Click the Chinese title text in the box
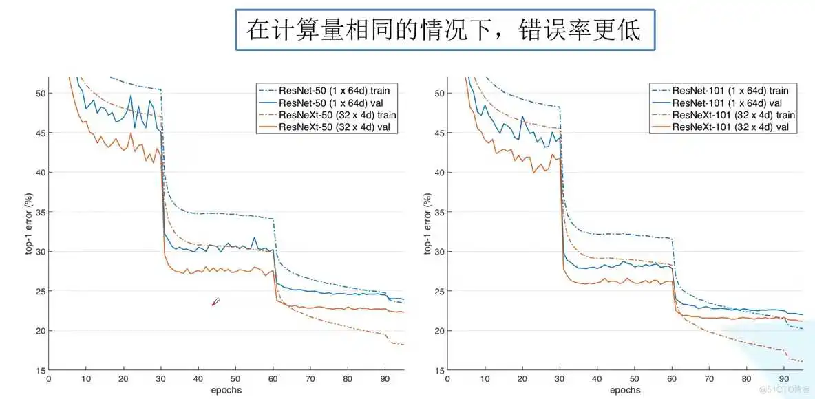click(x=444, y=30)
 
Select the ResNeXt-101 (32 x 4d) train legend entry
click(x=734, y=115)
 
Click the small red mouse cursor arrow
click(x=215, y=302)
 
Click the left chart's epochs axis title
click(x=226, y=391)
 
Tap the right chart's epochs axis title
click(x=625, y=391)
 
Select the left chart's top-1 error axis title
click(x=30, y=224)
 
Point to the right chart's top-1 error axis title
click(x=428, y=224)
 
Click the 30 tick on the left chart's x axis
click(x=160, y=379)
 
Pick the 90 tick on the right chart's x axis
click(x=783, y=379)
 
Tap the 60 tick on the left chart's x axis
click(x=273, y=379)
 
